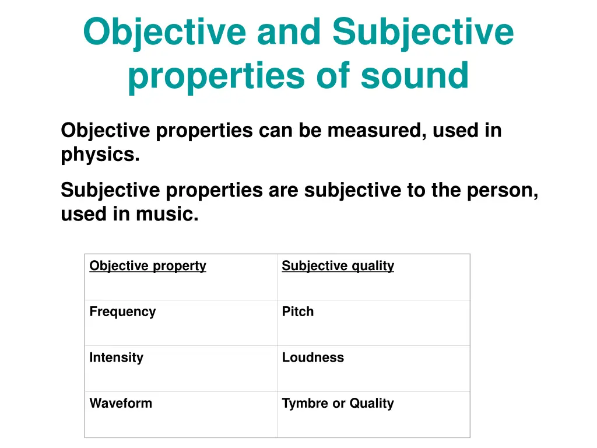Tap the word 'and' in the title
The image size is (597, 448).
coord(289,32)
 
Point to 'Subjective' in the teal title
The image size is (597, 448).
coord(423,32)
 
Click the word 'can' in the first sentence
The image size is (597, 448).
coord(276,130)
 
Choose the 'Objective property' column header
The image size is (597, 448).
coord(148,266)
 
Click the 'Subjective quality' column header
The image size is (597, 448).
coord(338,266)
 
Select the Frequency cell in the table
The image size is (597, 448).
coord(122,311)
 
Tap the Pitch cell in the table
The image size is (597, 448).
coord(298,311)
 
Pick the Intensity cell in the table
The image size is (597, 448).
coord(116,358)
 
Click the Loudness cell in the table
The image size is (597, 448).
coord(313,358)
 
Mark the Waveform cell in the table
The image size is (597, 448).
coord(121,403)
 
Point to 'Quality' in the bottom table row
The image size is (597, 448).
coord(372,403)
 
